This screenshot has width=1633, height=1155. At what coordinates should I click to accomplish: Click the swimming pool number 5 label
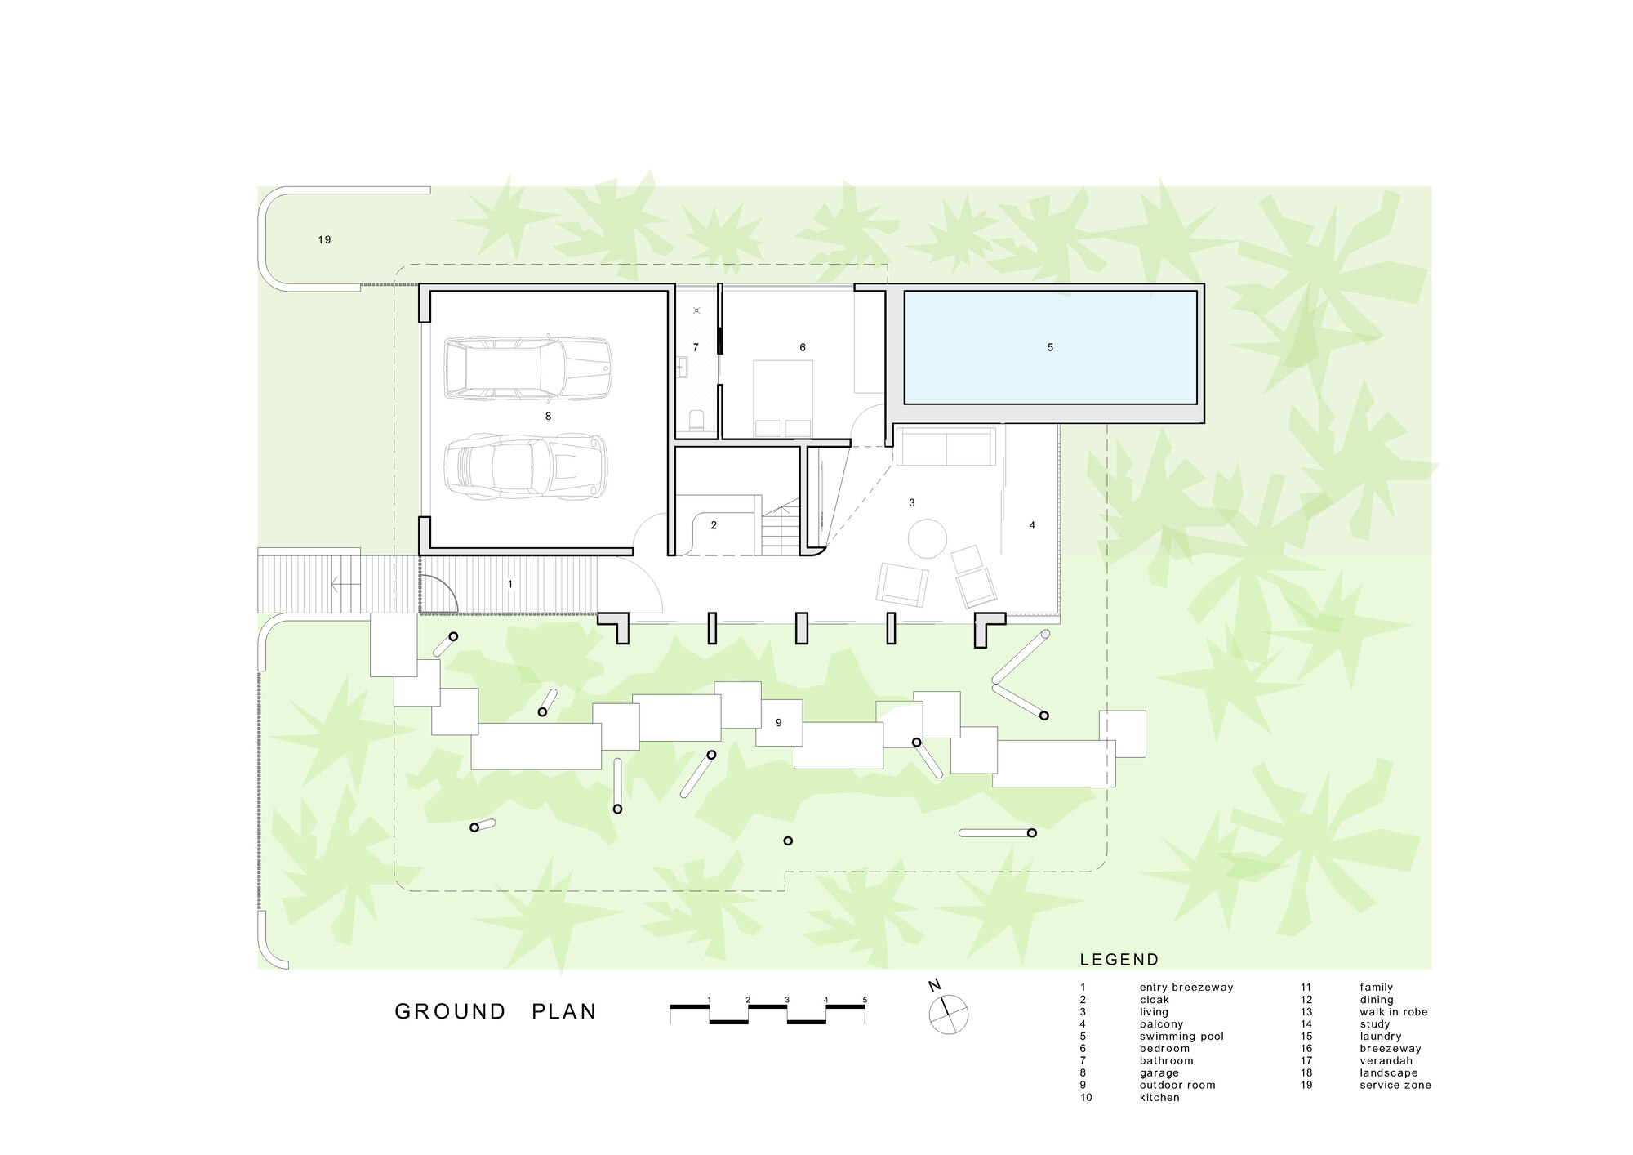(x=1050, y=347)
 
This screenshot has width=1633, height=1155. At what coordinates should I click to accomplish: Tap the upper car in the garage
(x=527, y=368)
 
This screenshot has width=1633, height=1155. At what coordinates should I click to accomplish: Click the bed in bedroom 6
(x=783, y=399)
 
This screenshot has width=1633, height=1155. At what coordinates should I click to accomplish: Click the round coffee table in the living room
(x=928, y=539)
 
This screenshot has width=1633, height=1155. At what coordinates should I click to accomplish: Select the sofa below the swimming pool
(x=946, y=446)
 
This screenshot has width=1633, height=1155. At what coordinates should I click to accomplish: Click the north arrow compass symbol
(x=948, y=1013)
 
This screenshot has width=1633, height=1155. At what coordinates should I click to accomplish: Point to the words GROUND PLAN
(x=496, y=1011)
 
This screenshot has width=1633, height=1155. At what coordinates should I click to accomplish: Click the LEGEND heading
(x=1119, y=960)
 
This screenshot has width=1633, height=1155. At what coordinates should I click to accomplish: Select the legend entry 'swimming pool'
(x=1181, y=1037)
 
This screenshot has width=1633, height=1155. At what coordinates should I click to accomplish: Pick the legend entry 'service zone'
(x=1395, y=1086)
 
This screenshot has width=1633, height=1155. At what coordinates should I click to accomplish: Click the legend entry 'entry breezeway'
(x=1186, y=988)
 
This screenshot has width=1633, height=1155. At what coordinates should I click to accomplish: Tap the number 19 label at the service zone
(x=324, y=240)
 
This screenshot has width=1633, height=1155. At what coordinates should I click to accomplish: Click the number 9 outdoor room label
(x=779, y=723)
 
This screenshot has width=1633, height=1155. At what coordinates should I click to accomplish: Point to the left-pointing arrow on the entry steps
(x=345, y=583)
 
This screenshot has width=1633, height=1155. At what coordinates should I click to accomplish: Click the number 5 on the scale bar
(x=865, y=1000)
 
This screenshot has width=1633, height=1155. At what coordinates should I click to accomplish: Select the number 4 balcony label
(x=1032, y=525)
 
